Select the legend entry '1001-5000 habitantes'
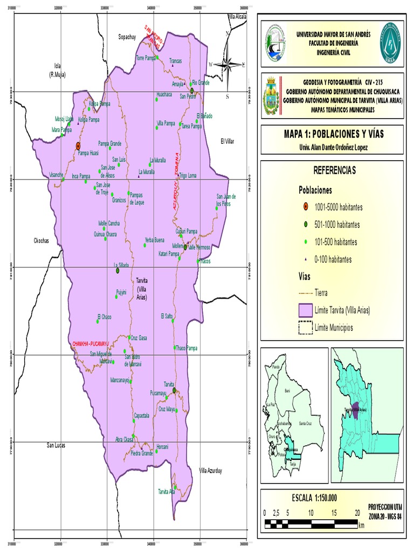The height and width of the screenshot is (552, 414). click(x=337, y=207)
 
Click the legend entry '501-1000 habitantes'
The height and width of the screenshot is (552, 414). click(x=336, y=224)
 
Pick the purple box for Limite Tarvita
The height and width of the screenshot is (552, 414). click(x=306, y=310)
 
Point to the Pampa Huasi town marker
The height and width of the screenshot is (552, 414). click(x=78, y=146)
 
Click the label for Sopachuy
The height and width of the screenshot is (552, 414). click(x=129, y=37)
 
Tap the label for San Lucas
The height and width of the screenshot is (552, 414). click(x=56, y=445)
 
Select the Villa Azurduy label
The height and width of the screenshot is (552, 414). click(x=211, y=471)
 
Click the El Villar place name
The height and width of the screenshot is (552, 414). click(x=228, y=141)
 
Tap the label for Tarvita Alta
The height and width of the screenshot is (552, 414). click(x=167, y=492)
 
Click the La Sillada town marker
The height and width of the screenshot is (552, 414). click(x=117, y=271)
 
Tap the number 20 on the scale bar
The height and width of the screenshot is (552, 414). click(x=357, y=512)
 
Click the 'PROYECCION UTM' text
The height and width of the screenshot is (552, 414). click(x=385, y=507)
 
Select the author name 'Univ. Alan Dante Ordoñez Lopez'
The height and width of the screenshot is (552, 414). click(x=333, y=147)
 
